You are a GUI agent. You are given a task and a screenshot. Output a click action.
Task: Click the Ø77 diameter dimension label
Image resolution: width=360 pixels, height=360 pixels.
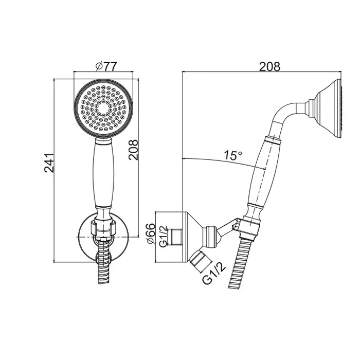tap(106, 66)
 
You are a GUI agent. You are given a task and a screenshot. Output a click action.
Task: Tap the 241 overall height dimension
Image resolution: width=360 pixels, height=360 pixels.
tap(49, 163)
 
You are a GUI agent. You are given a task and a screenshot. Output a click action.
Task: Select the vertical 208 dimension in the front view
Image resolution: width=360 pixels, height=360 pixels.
tap(133, 150)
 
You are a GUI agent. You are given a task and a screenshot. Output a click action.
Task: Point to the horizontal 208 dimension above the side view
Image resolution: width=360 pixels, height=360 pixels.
tap(269, 66)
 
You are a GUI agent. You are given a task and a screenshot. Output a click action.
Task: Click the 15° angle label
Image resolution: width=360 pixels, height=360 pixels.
tap(233, 155)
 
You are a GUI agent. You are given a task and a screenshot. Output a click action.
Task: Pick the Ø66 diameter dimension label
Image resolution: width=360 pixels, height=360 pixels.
tap(151, 233)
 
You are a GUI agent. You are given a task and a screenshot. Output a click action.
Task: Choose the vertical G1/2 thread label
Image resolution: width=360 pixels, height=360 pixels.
tap(163, 237)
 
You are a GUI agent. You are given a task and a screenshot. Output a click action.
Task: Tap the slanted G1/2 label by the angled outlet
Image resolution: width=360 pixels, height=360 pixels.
tap(214, 273)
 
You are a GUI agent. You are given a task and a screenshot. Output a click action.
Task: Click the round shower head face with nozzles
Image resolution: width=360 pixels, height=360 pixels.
tap(103, 109)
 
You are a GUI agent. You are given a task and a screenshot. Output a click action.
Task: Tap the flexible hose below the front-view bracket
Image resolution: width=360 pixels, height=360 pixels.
tap(103, 264)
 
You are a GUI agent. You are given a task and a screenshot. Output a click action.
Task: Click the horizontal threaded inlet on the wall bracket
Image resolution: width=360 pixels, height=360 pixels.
tap(176, 237)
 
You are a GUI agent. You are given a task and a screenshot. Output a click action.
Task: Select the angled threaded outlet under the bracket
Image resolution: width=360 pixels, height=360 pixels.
tap(199, 261)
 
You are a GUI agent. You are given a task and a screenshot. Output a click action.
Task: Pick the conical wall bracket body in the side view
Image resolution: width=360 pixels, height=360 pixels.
tap(192, 237)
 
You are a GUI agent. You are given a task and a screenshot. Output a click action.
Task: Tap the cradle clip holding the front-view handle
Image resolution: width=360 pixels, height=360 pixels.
tap(103, 227)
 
